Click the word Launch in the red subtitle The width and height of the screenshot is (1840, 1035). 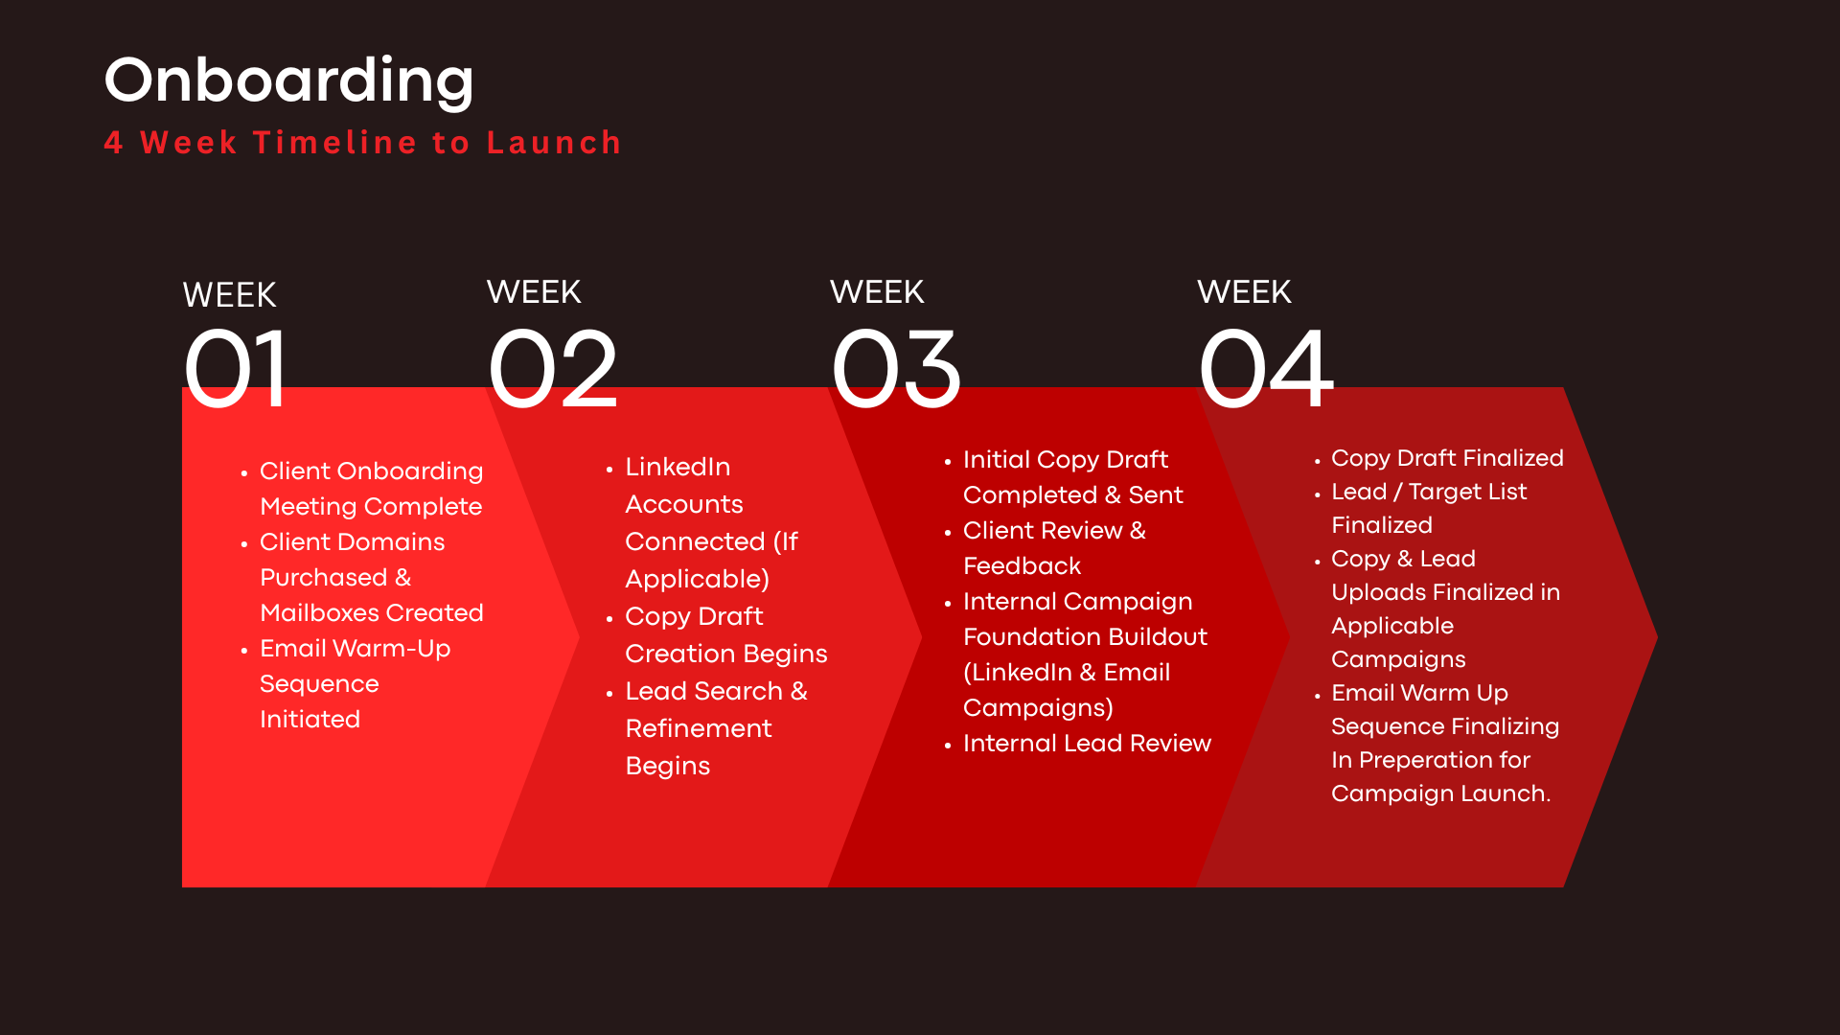tap(555, 142)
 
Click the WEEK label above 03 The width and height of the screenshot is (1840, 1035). tap(877, 291)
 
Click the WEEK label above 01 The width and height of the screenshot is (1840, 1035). tap(230, 294)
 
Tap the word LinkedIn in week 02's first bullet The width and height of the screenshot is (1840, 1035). tap(678, 467)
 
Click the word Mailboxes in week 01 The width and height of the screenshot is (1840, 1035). tap(317, 612)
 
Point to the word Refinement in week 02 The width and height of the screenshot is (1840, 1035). tap(699, 728)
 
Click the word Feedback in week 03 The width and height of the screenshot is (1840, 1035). tap(1022, 565)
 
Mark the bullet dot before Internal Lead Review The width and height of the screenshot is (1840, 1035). tap(948, 745)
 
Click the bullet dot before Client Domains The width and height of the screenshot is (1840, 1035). tap(244, 543)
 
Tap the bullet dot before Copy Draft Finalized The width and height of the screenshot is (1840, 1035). tap(1318, 460)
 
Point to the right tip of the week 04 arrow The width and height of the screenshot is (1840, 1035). tap(1657, 636)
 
